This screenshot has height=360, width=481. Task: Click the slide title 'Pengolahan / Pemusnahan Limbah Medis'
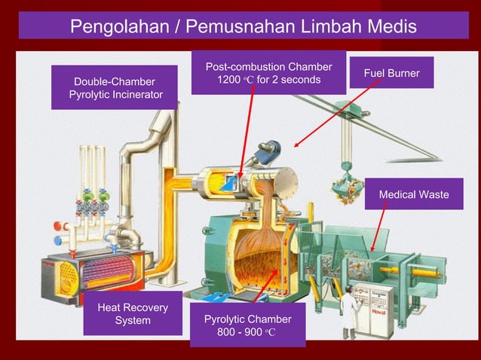(242, 27)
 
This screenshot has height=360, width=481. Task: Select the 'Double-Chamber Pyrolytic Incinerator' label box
(114, 87)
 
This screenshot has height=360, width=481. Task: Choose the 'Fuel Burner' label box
(391, 73)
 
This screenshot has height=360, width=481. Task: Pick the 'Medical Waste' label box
(413, 195)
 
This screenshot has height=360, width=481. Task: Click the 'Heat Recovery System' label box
(133, 314)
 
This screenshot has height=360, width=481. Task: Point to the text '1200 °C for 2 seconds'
(268, 80)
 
